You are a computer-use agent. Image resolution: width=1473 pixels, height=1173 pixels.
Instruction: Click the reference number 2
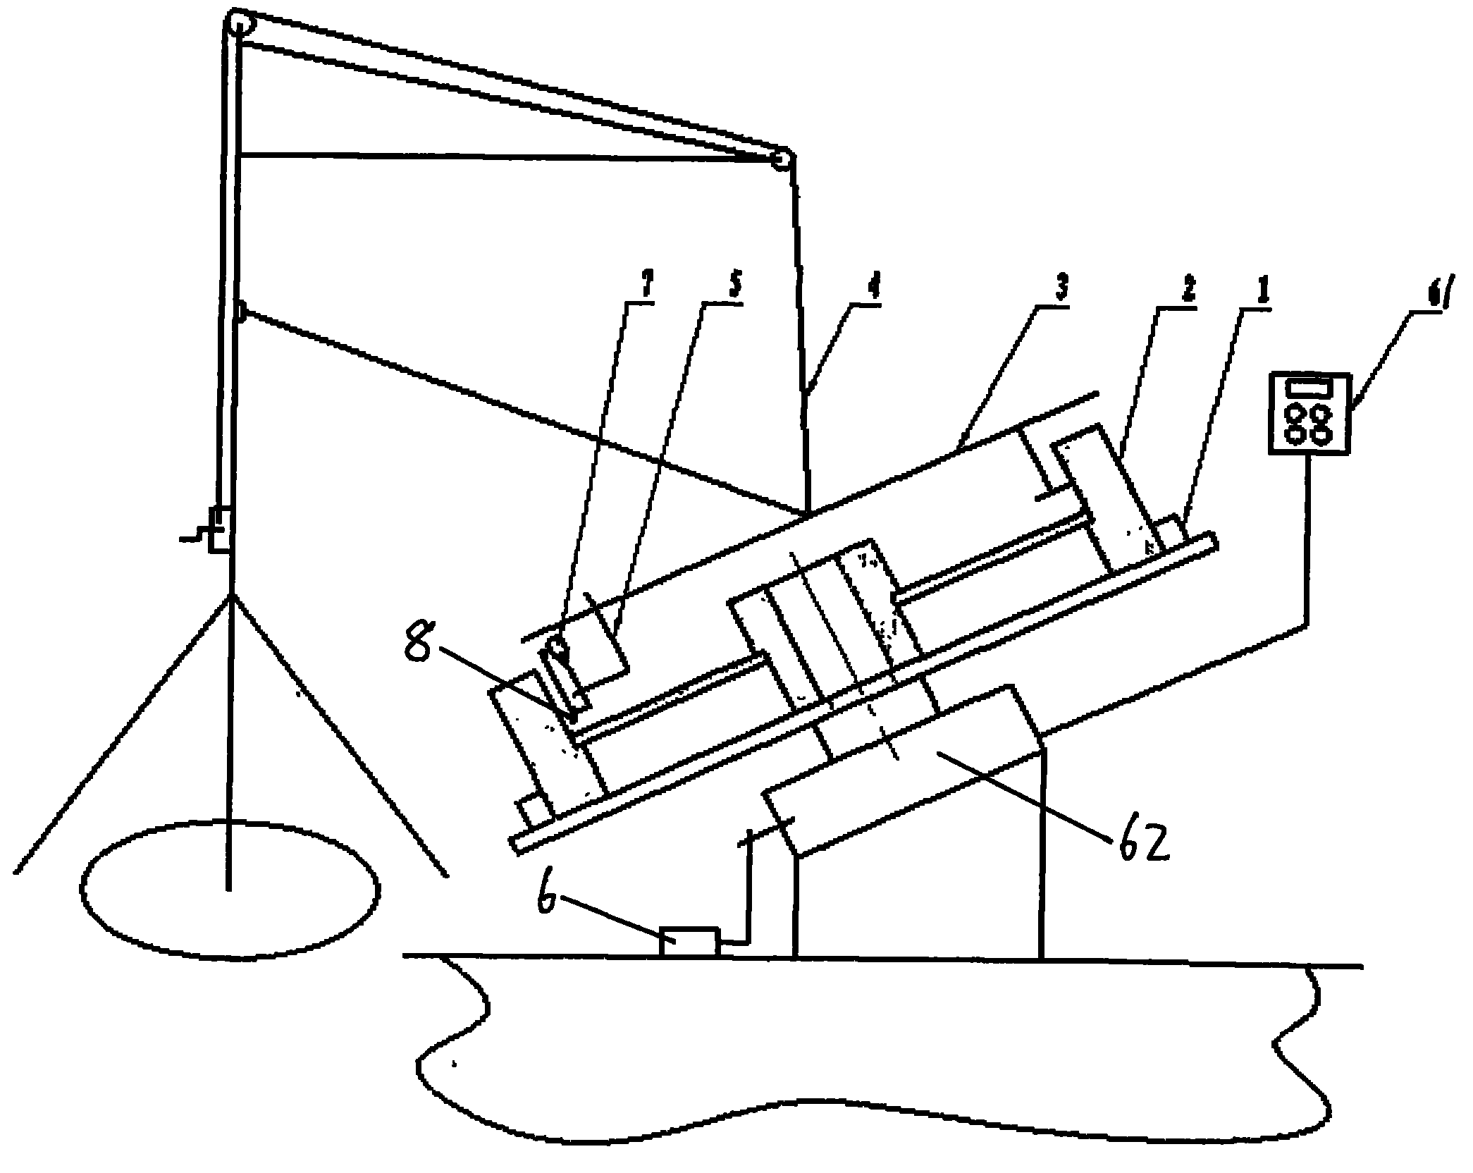[1188, 290]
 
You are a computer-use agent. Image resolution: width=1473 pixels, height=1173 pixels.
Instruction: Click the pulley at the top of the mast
[239, 25]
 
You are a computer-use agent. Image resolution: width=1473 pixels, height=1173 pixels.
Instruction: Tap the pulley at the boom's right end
[780, 159]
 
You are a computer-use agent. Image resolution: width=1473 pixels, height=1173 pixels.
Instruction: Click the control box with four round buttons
[1309, 413]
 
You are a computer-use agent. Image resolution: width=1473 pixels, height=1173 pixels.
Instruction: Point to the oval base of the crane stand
[230, 890]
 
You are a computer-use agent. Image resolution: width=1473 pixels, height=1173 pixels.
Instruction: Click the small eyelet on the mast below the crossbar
[242, 309]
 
